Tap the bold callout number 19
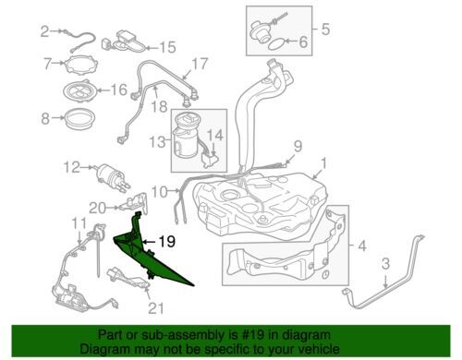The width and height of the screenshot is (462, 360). pyautogui.click(x=166, y=242)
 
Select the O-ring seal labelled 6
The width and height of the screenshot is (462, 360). pyautogui.click(x=275, y=44)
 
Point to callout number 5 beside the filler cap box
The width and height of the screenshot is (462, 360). pyautogui.click(x=325, y=30)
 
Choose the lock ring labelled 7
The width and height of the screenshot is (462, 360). pyautogui.click(x=81, y=65)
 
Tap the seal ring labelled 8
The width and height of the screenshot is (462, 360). pyautogui.click(x=79, y=118)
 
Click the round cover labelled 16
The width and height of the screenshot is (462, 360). pyautogui.click(x=80, y=90)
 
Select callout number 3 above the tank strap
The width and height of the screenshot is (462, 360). pyautogui.click(x=385, y=263)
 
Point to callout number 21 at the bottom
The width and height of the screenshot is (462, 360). pyautogui.click(x=156, y=308)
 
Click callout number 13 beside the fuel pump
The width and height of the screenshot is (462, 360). pyautogui.click(x=158, y=142)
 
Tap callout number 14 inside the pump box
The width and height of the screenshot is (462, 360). pyautogui.click(x=214, y=135)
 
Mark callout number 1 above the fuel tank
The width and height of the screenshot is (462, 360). pyautogui.click(x=323, y=164)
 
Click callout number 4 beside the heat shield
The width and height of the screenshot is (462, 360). pyautogui.click(x=362, y=246)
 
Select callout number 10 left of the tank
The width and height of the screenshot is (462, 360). pyautogui.click(x=160, y=192)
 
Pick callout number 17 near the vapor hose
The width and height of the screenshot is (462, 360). pyautogui.click(x=200, y=64)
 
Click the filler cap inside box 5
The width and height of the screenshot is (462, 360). pyautogui.click(x=260, y=32)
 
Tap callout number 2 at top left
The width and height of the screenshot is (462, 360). pyautogui.click(x=45, y=31)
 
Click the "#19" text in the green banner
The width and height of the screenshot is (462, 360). pyautogui.click(x=253, y=334)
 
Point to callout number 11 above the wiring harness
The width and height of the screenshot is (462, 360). pyautogui.click(x=79, y=223)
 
